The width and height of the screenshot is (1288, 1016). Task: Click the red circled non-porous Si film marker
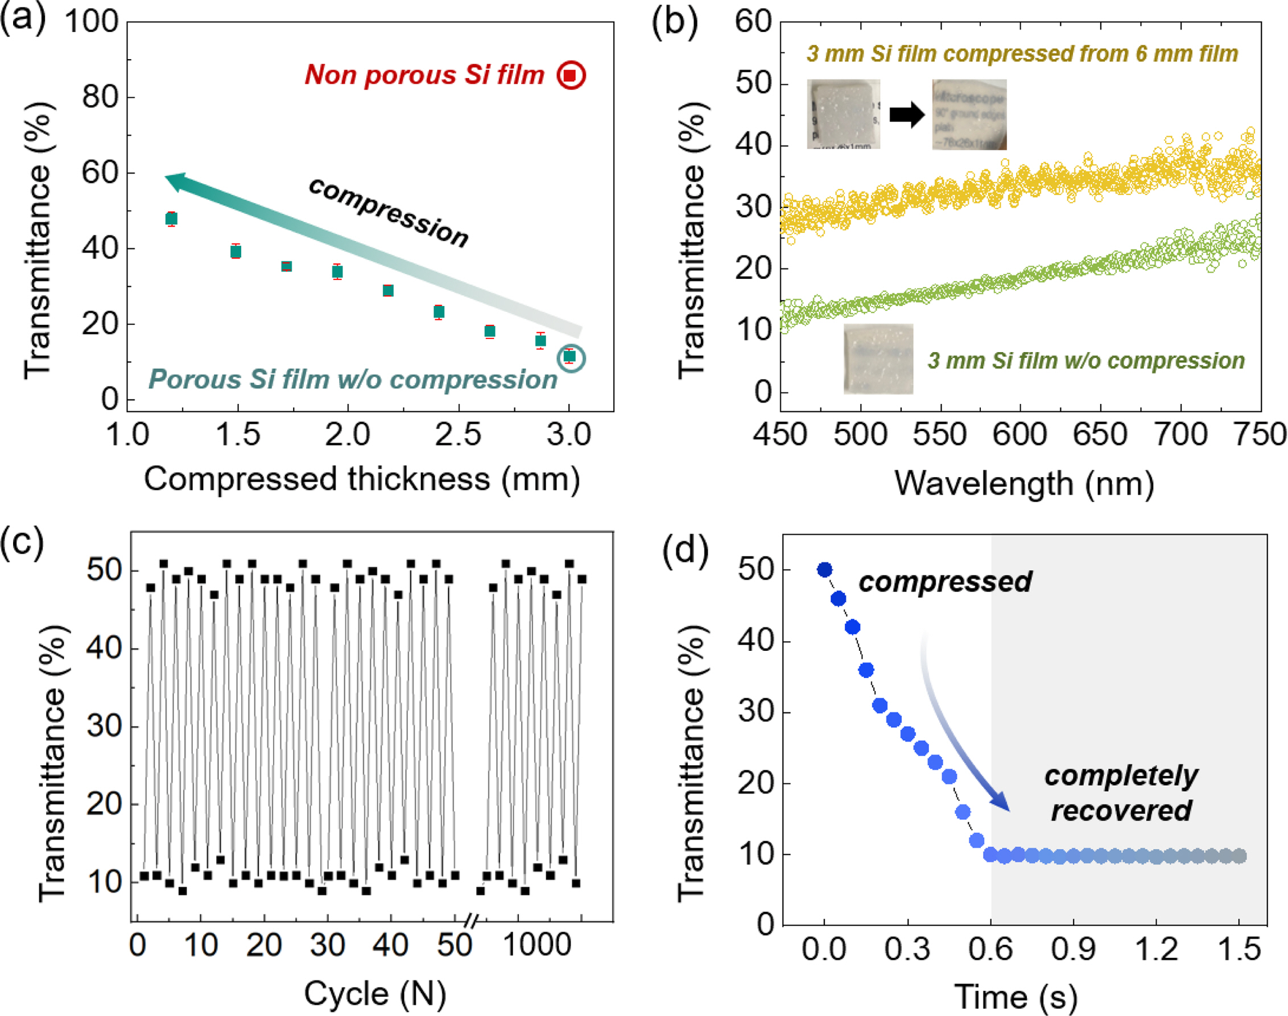tap(571, 76)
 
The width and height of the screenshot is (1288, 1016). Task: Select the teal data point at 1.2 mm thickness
tap(171, 219)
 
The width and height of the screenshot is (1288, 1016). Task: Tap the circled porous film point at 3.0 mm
tap(570, 357)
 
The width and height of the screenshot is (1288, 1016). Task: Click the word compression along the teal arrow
tap(389, 212)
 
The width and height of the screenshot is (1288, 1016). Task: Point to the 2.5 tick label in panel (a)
tap(457, 435)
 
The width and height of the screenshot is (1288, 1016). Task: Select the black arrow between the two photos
tap(907, 114)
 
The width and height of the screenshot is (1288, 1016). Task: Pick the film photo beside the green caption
tap(878, 359)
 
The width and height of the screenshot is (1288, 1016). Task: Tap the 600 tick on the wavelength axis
tap(1019, 435)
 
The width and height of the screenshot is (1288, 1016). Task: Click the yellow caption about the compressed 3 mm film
tap(1022, 54)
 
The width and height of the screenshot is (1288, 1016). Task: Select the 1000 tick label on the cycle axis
tap(536, 945)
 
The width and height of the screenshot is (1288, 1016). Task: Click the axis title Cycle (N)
tap(375, 994)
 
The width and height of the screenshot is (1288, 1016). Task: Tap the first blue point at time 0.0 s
tap(824, 570)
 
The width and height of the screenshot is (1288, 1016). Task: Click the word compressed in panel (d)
tap(945, 582)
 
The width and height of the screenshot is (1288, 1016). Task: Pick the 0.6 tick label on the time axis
tap(990, 949)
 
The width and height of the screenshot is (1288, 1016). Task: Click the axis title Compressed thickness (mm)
tap(362, 480)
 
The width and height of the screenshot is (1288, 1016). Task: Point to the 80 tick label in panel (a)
tap(100, 97)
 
